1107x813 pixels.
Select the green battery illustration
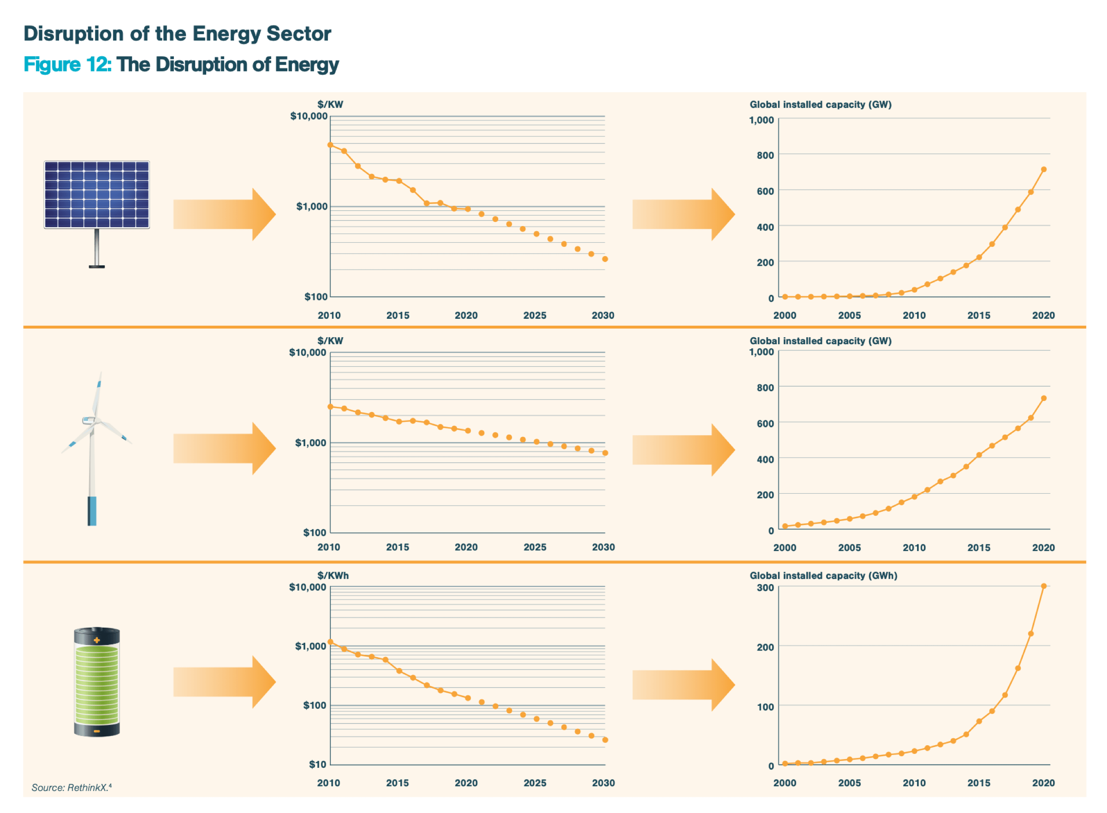click(96, 681)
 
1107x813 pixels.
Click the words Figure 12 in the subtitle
click(67, 65)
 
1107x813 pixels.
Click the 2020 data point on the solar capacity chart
click(1043, 169)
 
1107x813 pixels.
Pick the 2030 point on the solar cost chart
click(605, 259)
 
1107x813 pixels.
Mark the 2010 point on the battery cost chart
click(330, 642)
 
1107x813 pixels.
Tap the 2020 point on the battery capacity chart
click(1043, 586)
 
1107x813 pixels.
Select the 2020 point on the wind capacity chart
click(1043, 398)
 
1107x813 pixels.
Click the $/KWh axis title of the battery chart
click(333, 575)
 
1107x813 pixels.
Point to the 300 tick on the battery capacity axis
click(765, 588)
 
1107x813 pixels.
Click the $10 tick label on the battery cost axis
click(317, 764)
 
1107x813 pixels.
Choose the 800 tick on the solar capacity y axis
click(765, 155)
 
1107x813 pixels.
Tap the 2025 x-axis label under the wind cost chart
click(535, 547)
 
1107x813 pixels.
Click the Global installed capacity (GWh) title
click(823, 575)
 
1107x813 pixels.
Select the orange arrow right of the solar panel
click(224, 214)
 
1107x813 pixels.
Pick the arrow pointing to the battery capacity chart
click(684, 685)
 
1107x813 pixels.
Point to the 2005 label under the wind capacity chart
click(849, 548)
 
